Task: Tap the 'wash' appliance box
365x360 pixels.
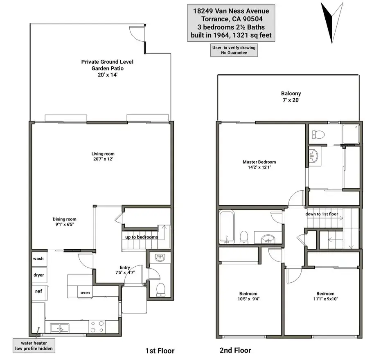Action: [x=39, y=259]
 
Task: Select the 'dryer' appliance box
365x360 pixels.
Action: [x=39, y=275]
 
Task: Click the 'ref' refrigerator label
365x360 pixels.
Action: [x=38, y=291]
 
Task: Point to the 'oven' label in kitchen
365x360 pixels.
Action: [x=85, y=293]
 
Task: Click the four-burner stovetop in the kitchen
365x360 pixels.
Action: [x=97, y=327]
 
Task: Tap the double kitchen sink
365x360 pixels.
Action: [x=60, y=328]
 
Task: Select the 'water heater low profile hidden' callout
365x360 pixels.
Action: [x=34, y=346]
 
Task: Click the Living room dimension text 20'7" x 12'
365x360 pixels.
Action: [x=103, y=159]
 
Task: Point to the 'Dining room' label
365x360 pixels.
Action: [x=65, y=219]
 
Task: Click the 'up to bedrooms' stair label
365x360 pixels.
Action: [x=142, y=237]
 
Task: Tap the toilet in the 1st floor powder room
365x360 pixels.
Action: [x=161, y=290]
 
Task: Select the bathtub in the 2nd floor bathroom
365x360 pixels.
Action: [x=227, y=227]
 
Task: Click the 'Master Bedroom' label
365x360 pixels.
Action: [x=259, y=162]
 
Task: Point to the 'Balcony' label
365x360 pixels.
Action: [x=291, y=94]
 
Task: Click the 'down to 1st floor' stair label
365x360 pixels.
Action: [x=322, y=214]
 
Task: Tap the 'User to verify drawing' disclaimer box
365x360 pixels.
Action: [x=234, y=50]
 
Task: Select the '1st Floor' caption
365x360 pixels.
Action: [x=160, y=351]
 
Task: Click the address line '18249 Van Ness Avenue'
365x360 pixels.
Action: [x=231, y=11]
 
